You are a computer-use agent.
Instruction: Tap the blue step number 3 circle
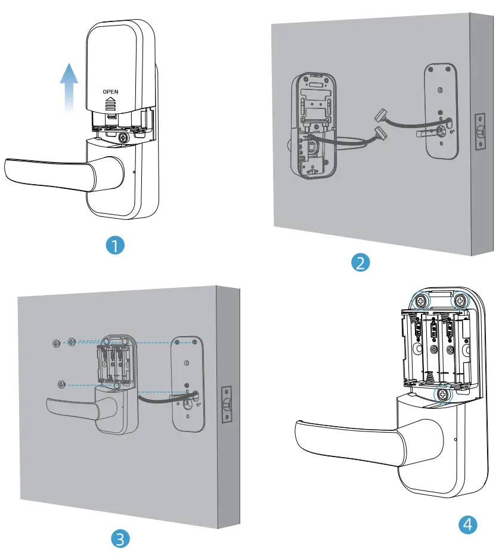[x=120, y=539]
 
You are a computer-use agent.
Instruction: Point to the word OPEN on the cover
[x=111, y=92]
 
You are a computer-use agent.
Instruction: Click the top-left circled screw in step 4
[x=422, y=302]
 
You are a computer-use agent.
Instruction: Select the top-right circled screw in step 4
[x=460, y=302]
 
